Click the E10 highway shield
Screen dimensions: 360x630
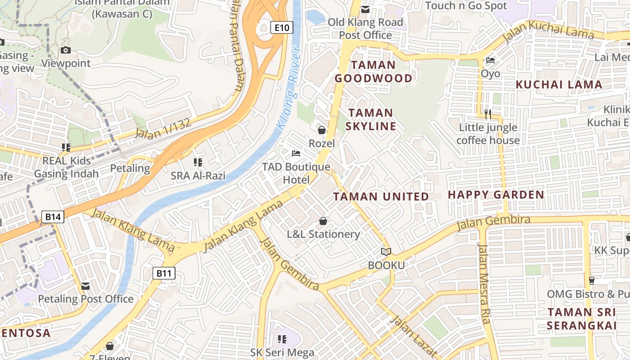pos(282,28)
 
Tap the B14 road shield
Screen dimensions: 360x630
pos(53,217)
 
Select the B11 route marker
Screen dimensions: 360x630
pos(164,273)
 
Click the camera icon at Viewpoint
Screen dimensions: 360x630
pos(66,50)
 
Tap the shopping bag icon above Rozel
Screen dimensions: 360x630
pos(322,130)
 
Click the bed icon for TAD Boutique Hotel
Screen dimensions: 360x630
pos(296,154)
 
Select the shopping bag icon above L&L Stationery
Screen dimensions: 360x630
pos(323,221)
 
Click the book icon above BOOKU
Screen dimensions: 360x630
pos(386,252)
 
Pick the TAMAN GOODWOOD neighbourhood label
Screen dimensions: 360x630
pos(373,72)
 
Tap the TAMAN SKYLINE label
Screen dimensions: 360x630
pos(371,119)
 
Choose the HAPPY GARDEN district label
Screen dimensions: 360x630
pos(496,195)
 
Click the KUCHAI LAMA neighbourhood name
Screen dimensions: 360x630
pos(559,85)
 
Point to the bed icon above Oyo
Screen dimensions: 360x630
pos(490,60)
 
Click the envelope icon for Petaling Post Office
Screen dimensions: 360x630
pos(85,286)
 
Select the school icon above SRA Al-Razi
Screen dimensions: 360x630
pos(198,162)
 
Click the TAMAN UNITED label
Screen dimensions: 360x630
pos(381,197)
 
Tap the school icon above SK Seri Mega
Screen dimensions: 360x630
pos(282,339)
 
